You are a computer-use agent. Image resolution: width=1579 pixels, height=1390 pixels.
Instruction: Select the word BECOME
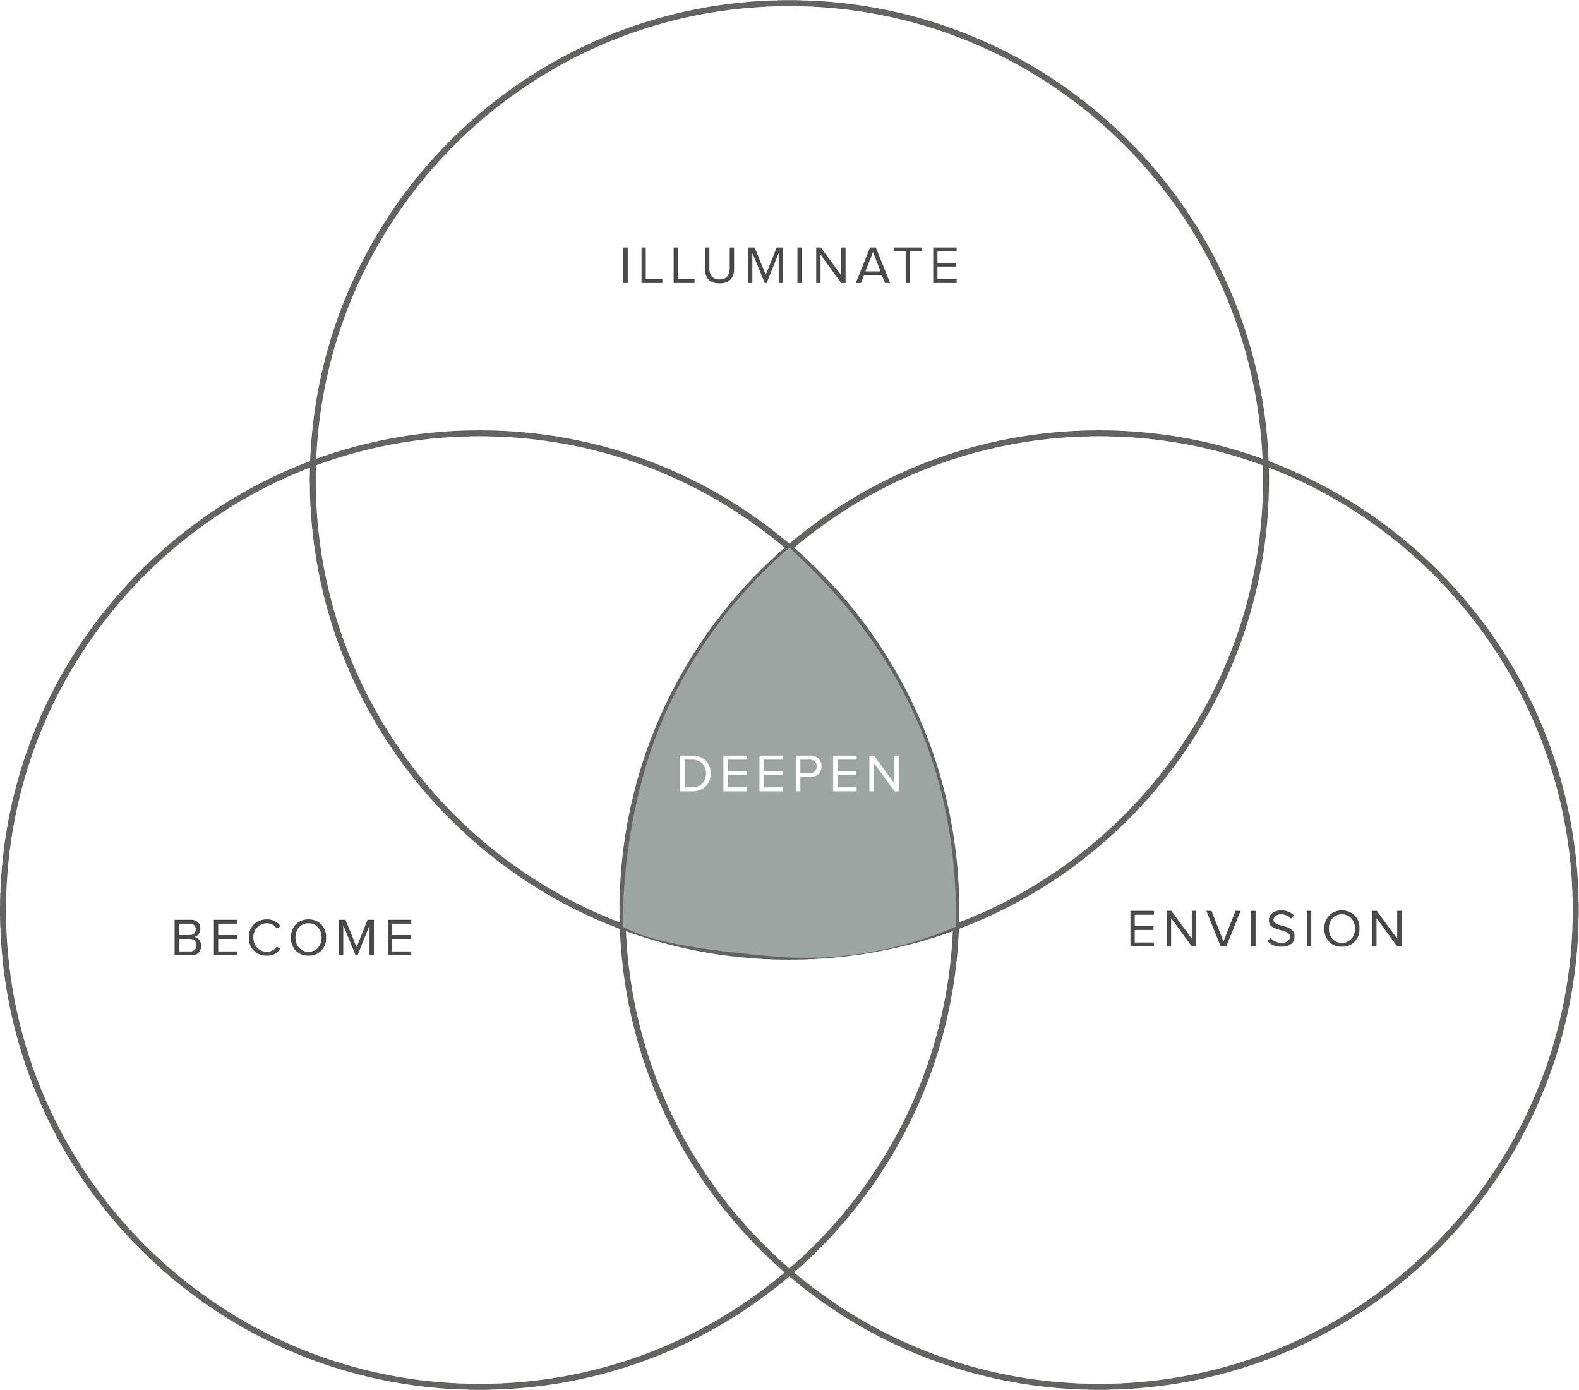[294, 937]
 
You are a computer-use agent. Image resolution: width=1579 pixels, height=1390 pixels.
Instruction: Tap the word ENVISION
[1266, 928]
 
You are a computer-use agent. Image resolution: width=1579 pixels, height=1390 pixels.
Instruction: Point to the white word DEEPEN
[790, 774]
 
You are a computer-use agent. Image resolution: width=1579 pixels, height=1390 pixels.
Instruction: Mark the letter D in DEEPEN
[693, 774]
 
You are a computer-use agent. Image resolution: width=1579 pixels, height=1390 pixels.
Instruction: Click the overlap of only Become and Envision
[790, 1082]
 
